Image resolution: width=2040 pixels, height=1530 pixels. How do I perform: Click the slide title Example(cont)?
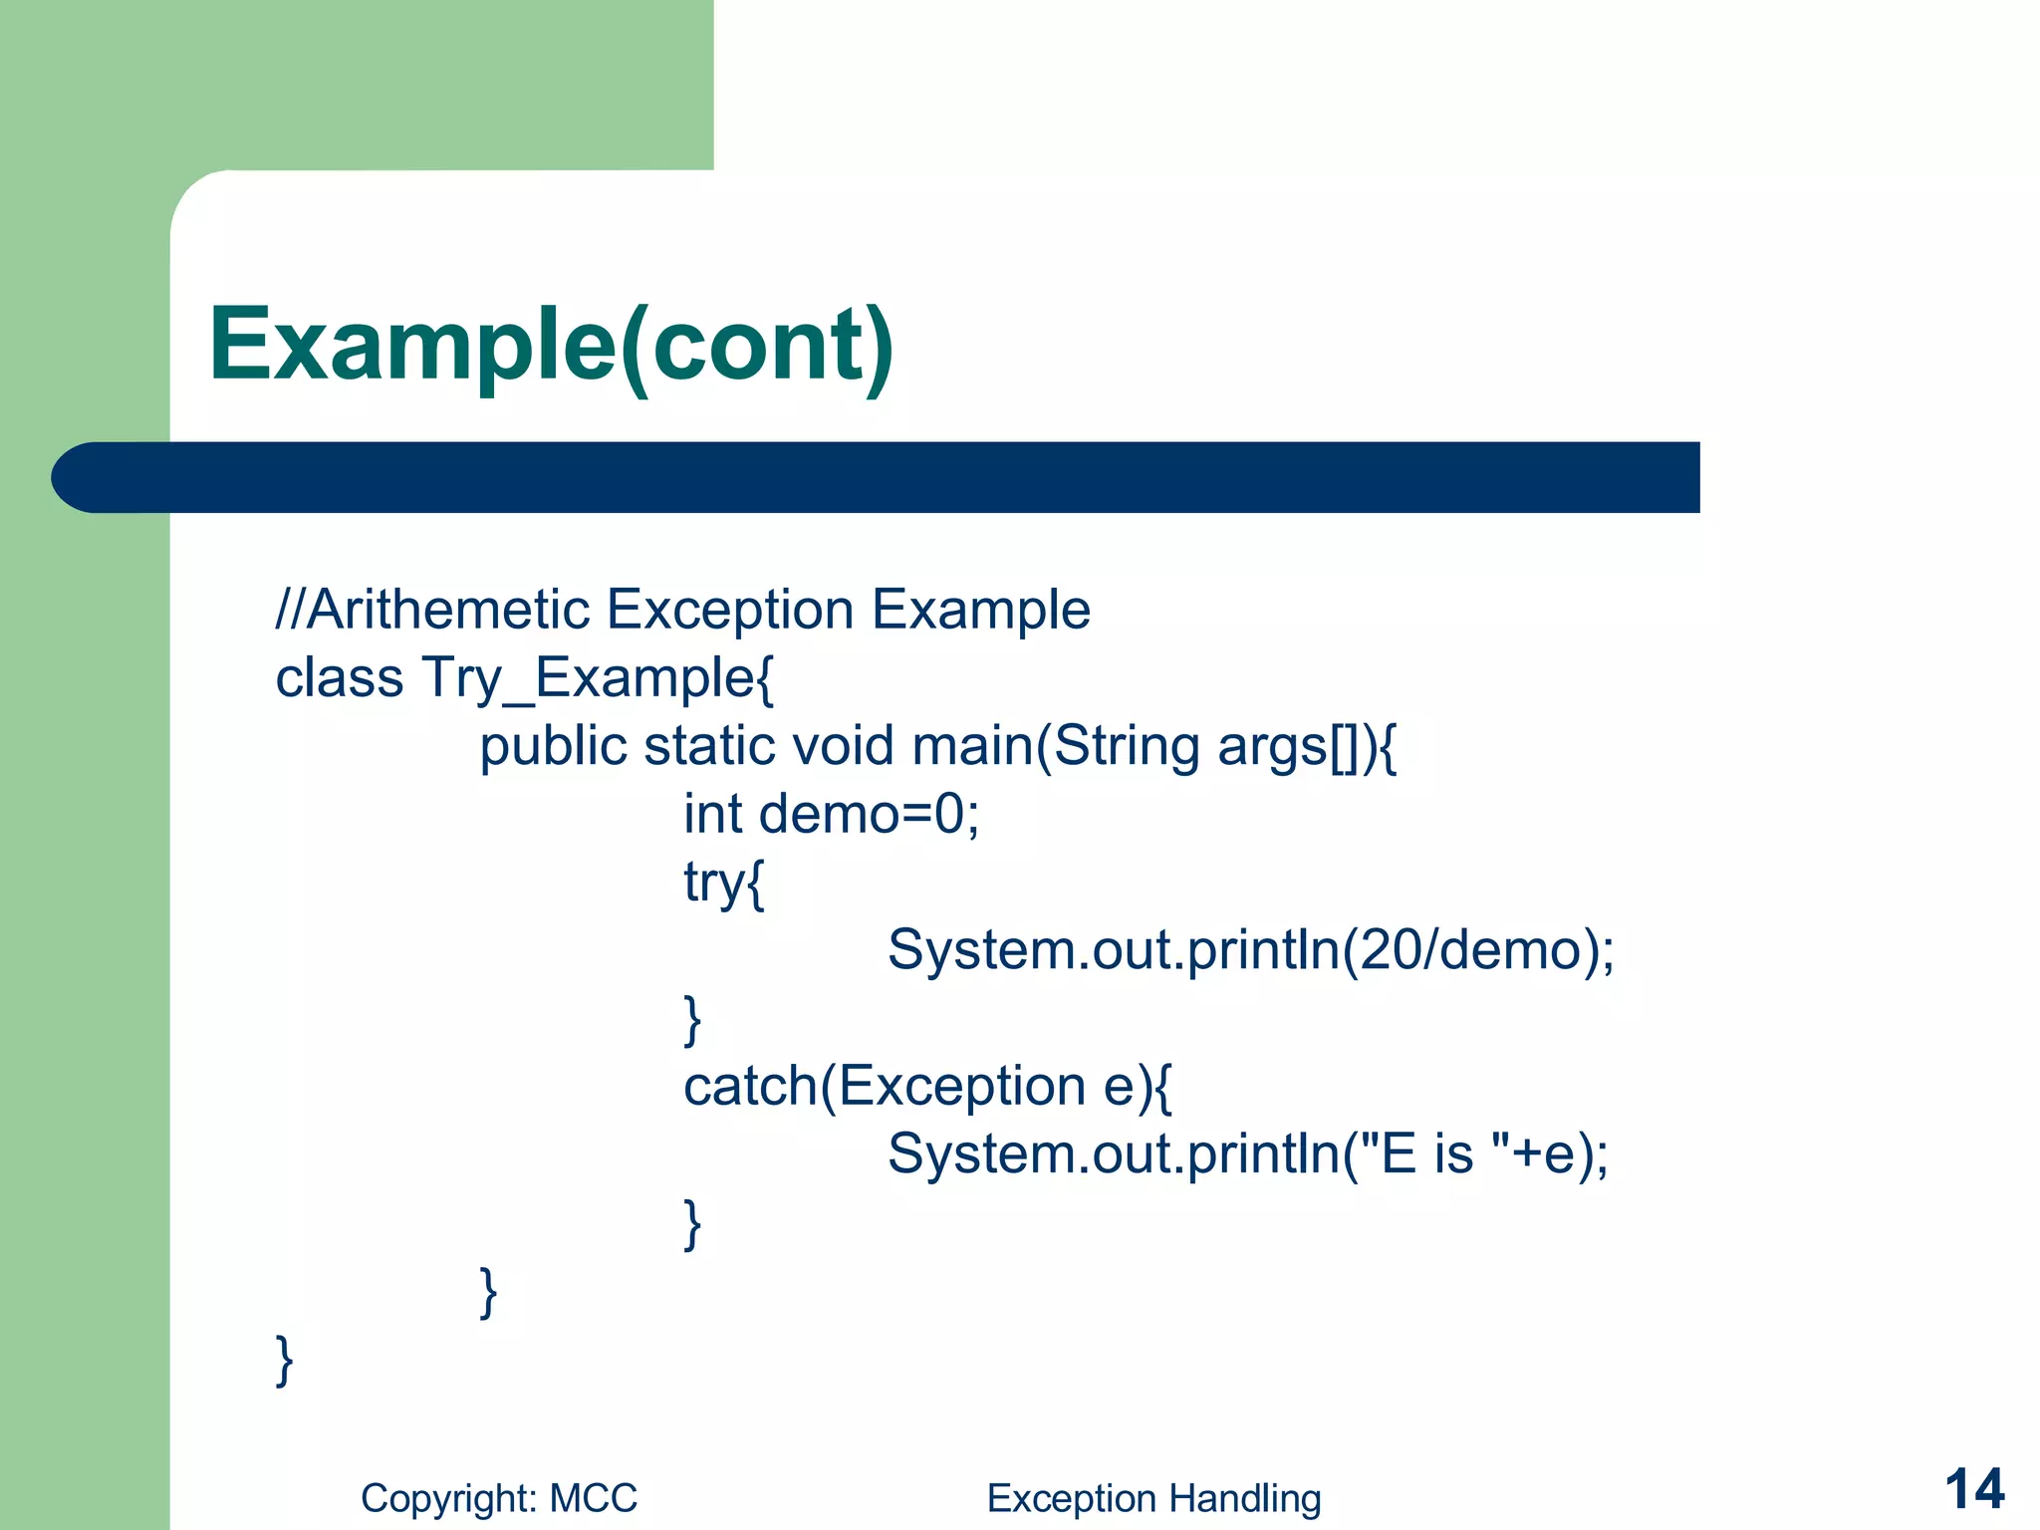(x=551, y=345)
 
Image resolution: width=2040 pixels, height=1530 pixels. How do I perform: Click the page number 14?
(x=1974, y=1490)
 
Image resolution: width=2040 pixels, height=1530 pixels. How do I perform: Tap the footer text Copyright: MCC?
(x=498, y=1498)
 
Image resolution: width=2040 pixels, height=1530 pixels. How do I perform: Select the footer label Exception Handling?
(x=1153, y=1498)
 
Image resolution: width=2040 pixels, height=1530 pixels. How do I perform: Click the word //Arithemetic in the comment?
(x=432, y=610)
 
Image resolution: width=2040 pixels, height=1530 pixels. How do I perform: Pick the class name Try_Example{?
(x=598, y=679)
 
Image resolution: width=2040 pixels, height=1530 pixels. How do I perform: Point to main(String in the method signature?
(x=1055, y=747)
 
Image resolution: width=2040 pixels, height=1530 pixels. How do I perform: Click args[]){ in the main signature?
(x=1307, y=747)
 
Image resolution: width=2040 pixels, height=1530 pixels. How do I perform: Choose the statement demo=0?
(x=869, y=815)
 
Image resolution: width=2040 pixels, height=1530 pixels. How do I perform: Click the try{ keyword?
(x=724, y=884)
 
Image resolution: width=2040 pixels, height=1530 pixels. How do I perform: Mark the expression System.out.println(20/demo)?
(x=1250, y=950)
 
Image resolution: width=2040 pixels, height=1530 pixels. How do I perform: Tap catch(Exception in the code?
(x=885, y=1087)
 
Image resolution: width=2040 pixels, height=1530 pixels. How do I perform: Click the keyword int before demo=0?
(x=712, y=815)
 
